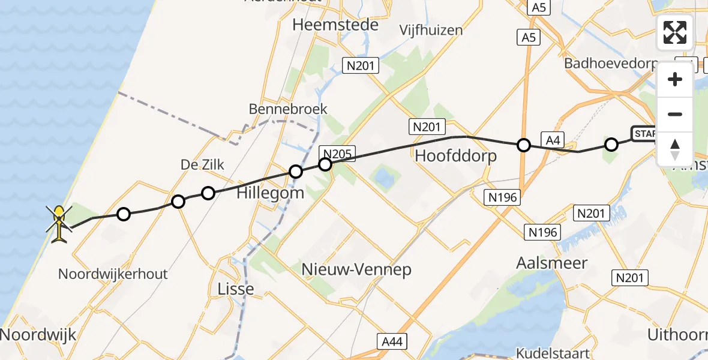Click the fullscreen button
675,32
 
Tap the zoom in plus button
675,79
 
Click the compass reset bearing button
675,149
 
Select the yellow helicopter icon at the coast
59,224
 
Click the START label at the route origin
644,133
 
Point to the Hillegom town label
270,193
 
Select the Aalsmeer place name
552,263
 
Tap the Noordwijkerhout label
113,274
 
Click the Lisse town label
236,289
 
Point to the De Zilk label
202,165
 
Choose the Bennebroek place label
289,109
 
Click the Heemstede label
335,25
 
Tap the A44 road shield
393,341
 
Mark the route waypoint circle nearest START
611,145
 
